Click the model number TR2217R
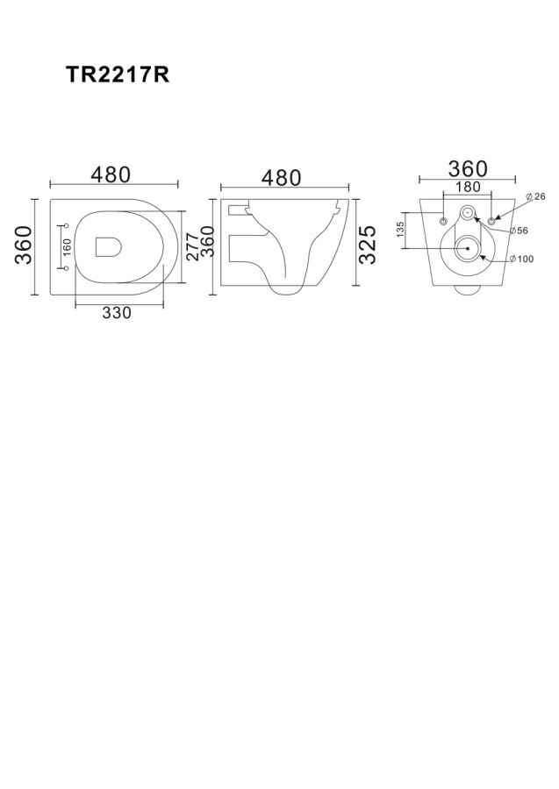[x=118, y=75]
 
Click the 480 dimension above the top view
[x=111, y=174]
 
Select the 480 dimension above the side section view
[x=282, y=178]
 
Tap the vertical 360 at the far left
[x=24, y=245]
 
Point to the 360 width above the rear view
[x=468, y=169]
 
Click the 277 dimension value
[x=192, y=246]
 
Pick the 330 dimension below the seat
[x=117, y=312]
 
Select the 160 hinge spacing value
[x=67, y=246]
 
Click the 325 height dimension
[x=368, y=245]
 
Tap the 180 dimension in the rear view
[x=468, y=187]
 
